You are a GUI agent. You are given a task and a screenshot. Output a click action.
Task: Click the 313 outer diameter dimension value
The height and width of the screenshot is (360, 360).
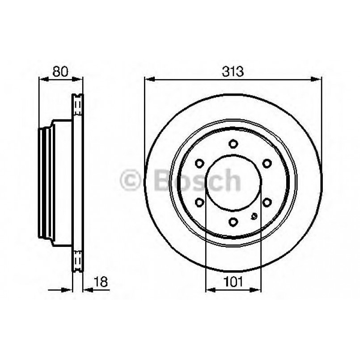233,71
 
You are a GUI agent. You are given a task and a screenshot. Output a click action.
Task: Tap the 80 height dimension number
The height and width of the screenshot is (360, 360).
60,71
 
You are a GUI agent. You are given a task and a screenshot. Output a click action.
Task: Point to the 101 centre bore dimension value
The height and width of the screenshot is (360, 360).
233,282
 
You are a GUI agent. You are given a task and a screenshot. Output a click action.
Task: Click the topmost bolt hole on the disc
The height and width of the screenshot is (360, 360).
233,144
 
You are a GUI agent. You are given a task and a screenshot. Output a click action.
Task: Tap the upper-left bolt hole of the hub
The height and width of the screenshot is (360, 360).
199,163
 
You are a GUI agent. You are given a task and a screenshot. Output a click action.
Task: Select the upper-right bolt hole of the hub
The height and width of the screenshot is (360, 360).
267,163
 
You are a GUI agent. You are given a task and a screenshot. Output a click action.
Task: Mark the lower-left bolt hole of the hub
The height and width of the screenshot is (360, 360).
199,202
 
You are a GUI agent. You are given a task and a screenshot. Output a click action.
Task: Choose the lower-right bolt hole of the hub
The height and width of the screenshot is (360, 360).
267,202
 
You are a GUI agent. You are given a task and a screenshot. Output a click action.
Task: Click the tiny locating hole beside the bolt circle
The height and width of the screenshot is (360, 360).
254,217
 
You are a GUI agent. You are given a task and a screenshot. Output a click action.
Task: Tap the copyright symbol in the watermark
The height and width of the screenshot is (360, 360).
131,181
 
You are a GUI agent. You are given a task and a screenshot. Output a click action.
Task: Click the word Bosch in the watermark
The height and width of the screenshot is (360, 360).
197,181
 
